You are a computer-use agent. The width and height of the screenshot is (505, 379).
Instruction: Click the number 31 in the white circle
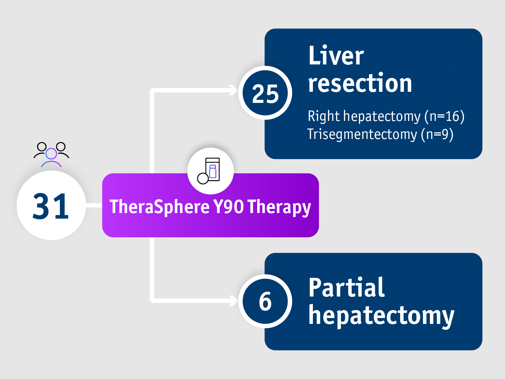tap(51, 206)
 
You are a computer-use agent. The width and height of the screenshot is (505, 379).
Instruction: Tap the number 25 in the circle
tap(265, 94)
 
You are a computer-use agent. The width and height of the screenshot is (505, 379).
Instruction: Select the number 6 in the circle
tap(265, 301)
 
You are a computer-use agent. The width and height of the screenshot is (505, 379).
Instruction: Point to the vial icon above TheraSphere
tap(210, 170)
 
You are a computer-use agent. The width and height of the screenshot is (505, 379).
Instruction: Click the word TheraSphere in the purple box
tap(160, 207)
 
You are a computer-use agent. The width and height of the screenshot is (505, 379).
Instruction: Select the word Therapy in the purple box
tap(279, 208)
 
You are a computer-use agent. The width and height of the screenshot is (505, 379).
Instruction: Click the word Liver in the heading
tap(336, 56)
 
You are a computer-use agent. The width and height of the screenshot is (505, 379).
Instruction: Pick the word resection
tap(360, 83)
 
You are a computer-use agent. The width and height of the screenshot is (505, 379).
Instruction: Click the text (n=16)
tap(444, 116)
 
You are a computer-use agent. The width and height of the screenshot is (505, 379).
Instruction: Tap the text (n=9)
tap(437, 134)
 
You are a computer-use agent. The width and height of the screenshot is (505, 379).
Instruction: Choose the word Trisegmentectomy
tap(362, 134)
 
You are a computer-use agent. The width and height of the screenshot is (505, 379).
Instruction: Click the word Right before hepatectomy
tap(324, 116)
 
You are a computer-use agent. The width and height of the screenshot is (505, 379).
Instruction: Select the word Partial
tap(346, 288)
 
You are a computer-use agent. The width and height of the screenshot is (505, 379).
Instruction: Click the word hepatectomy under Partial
tap(381, 316)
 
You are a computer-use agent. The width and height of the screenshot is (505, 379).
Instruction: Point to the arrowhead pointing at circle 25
tap(234, 90)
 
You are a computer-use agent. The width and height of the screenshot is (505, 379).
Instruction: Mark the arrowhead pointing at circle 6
tap(234, 300)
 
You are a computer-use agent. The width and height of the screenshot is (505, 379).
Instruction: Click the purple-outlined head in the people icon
tap(51, 153)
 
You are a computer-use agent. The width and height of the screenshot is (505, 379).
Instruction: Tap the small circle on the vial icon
tap(203, 178)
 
